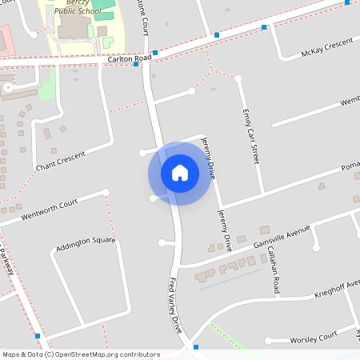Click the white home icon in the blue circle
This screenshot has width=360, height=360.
(x=180, y=173)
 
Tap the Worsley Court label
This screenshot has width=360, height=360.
(x=315, y=339)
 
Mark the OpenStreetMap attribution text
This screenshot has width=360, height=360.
(x=81, y=354)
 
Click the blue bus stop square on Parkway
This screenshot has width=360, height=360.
(x=37, y=336)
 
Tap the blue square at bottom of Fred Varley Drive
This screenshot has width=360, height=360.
(x=194, y=348)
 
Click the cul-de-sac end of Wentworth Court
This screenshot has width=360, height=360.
(x=105, y=192)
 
